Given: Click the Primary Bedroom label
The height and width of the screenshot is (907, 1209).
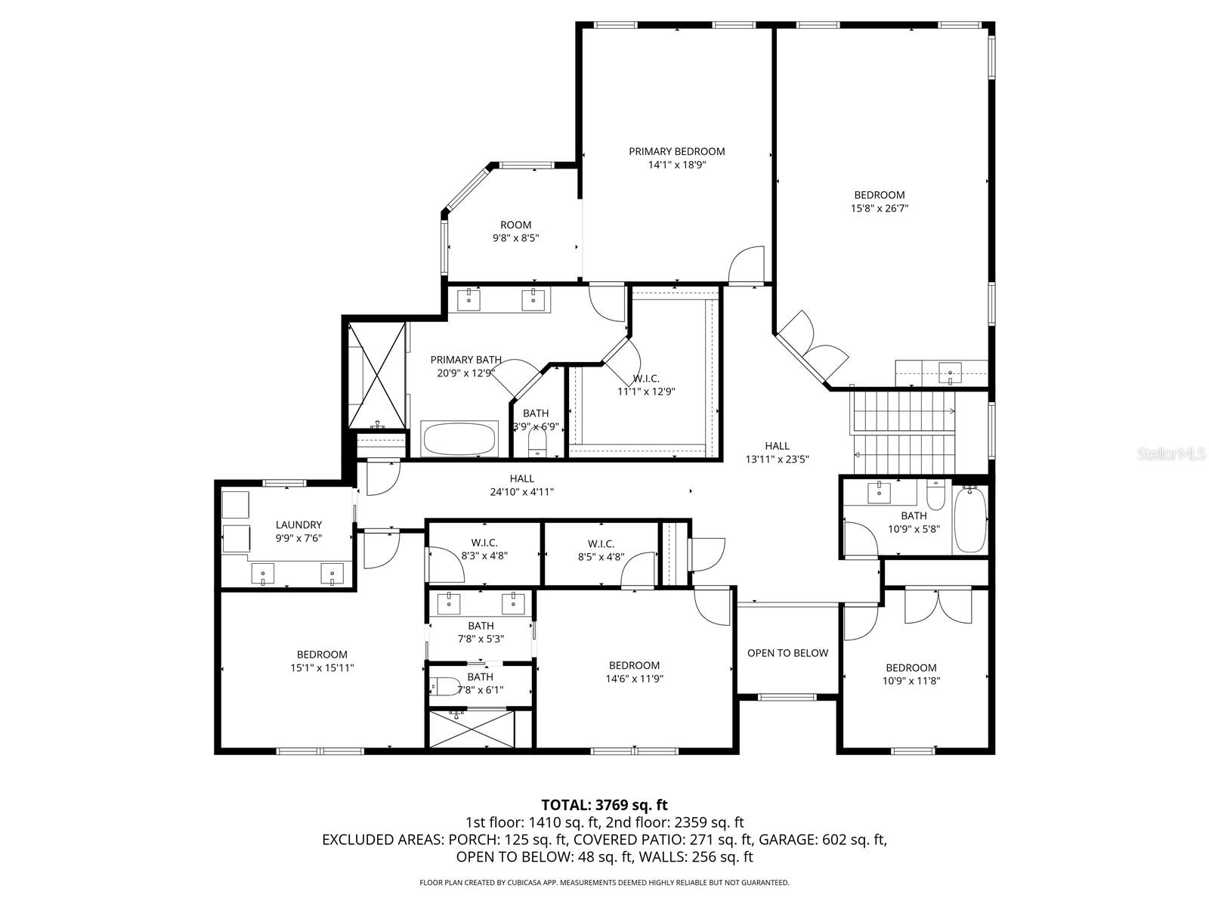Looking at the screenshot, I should (676, 152).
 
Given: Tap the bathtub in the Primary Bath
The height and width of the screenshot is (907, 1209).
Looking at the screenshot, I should (459, 439).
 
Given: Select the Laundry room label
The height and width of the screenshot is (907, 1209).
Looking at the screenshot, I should (298, 525).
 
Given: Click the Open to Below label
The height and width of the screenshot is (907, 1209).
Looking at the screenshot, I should (787, 653).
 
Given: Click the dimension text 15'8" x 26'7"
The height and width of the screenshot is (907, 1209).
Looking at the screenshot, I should (879, 208).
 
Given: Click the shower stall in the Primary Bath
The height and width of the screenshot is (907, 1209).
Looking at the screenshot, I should (376, 375).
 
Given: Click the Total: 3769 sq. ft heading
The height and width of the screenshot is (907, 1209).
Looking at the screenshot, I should (604, 805).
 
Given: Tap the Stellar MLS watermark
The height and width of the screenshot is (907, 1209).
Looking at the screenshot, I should (1172, 454).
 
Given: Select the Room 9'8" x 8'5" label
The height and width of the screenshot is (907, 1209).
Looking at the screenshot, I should (515, 225).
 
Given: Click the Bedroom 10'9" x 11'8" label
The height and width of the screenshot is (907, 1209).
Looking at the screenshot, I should (911, 668).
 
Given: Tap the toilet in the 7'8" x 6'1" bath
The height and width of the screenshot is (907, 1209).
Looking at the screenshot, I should (446, 686).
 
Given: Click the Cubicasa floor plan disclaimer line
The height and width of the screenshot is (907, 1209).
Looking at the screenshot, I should (604, 882).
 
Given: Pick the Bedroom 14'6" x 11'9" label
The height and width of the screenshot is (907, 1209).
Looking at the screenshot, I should (634, 666).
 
